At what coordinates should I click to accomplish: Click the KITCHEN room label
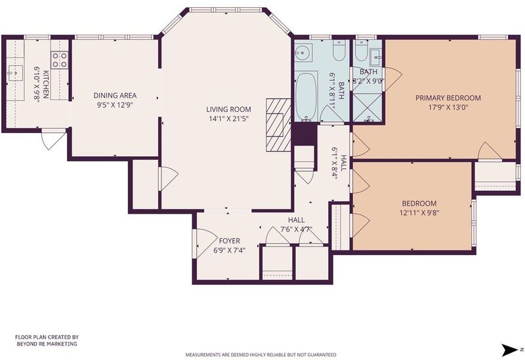pyautogui.click(x=45, y=85)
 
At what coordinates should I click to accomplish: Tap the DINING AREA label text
pyautogui.click(x=115, y=96)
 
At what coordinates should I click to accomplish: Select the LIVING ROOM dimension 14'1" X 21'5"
pyautogui.click(x=228, y=119)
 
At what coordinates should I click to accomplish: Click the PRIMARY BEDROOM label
pyautogui.click(x=448, y=98)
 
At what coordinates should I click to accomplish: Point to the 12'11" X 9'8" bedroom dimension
pyautogui.click(x=419, y=212)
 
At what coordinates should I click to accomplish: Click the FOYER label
pyautogui.click(x=229, y=241)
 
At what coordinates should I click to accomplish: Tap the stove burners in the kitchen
pyautogui.click(x=60, y=60)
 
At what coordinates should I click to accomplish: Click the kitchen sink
pyautogui.click(x=14, y=73)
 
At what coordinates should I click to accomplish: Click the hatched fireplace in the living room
pyautogui.click(x=278, y=125)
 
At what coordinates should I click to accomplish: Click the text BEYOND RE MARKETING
pyautogui.click(x=47, y=344)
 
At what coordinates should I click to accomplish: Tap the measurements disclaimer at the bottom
pyautogui.click(x=261, y=355)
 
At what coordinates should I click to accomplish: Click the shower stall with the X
pyautogui.click(x=367, y=108)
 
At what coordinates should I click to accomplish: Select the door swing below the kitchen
pyautogui.click(x=54, y=140)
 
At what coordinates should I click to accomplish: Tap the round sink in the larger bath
pyautogui.click(x=303, y=52)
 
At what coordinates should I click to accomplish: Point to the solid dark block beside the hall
pyautogui.click(x=304, y=134)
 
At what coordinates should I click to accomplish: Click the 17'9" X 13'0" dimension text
pyautogui.click(x=448, y=108)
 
